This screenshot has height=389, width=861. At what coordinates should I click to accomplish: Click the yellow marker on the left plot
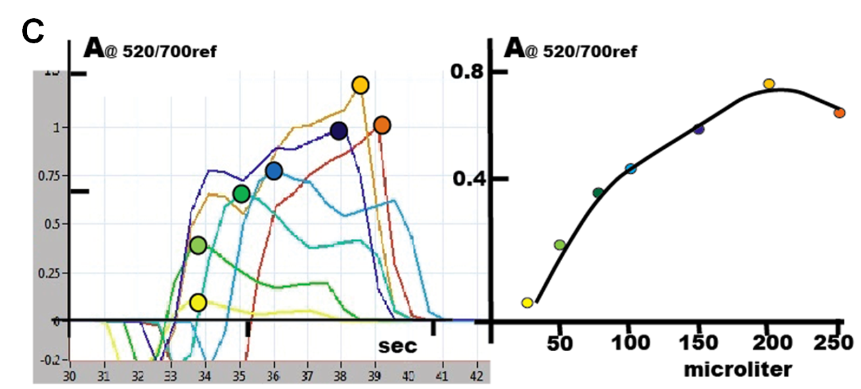198,302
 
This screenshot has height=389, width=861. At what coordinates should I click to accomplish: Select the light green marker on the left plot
198,246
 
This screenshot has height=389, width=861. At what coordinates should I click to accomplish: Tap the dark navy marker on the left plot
339,131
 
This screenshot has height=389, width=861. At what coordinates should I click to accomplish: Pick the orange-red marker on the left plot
382,125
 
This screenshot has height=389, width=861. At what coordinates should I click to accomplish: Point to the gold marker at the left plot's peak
360,85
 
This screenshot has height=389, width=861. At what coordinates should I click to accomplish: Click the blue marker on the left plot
273,171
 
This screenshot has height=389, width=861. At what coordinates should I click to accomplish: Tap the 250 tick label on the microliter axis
838,343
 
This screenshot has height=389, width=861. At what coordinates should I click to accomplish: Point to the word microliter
738,369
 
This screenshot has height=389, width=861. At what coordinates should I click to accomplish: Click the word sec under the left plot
398,346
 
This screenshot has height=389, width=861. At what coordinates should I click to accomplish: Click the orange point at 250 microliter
839,112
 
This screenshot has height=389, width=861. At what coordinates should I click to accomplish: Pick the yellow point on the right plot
527,302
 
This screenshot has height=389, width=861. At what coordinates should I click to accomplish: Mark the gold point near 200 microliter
768,84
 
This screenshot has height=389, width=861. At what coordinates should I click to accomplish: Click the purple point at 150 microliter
699,129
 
